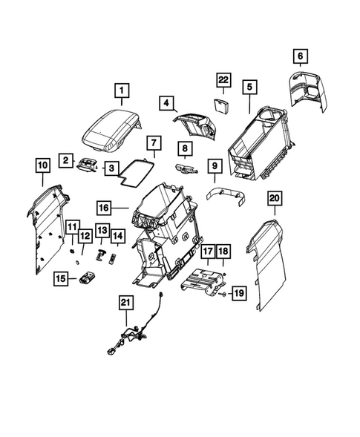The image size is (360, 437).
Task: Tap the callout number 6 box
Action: click(301, 56)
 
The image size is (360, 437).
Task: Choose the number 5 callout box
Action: click(250, 88)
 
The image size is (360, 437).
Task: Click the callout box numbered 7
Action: click(152, 141)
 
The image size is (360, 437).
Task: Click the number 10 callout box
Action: click(41, 164)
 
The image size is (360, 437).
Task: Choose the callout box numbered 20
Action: click(275, 198)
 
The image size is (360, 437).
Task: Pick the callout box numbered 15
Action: click(62, 278)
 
